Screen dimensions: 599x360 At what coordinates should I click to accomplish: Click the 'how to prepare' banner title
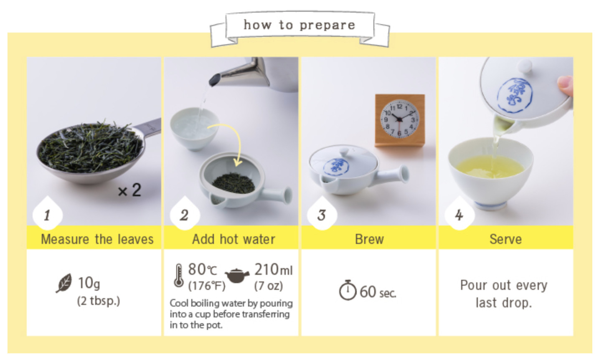pos(299,25)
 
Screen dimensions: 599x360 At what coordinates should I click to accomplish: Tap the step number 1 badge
pos(48,214)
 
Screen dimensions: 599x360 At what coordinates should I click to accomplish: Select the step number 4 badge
pos(459,214)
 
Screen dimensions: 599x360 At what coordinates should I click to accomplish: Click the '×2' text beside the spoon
pos(129,190)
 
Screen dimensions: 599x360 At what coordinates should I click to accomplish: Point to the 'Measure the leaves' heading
pos(97,239)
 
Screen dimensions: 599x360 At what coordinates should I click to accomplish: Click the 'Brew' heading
pos(369,239)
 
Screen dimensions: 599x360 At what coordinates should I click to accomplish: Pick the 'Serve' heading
pos(506,239)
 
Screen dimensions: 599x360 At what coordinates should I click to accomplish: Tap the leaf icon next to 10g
pos(64,283)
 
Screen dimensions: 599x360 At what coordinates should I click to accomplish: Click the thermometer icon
pos(179,276)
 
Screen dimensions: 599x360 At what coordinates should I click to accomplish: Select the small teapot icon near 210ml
pos(237,275)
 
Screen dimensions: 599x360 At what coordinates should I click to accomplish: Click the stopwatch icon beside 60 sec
pos(348,290)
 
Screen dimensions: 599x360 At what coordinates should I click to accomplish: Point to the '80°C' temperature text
pos(203,269)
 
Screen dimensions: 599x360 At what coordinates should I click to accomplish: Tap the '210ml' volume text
pos(273,269)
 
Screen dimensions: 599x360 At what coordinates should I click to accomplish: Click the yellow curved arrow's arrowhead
pos(237,162)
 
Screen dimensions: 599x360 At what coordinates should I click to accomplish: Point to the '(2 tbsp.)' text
pos(99,301)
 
